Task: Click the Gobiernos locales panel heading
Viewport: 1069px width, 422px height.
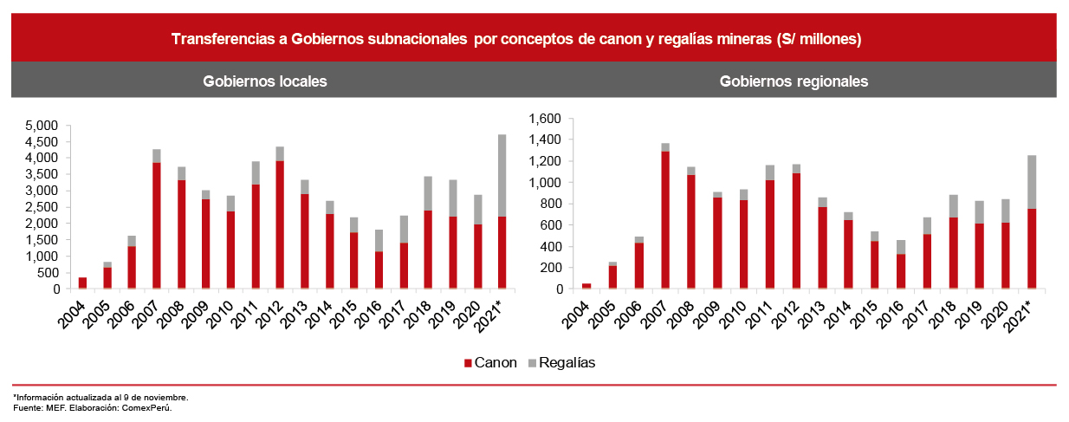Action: (264, 81)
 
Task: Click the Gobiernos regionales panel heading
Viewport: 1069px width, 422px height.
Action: (794, 81)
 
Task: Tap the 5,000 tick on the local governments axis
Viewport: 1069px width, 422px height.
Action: (42, 126)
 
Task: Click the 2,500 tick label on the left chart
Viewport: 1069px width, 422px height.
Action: (42, 207)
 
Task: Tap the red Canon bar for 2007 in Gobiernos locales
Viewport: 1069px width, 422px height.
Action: (157, 225)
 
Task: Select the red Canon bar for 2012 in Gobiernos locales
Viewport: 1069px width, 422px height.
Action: (279, 224)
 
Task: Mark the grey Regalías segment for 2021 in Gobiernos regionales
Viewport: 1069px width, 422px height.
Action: (1032, 182)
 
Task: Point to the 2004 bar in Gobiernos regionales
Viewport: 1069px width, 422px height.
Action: (586, 286)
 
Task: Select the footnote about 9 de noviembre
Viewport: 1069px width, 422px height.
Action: (100, 398)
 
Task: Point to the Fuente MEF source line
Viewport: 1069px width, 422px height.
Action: (93, 408)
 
